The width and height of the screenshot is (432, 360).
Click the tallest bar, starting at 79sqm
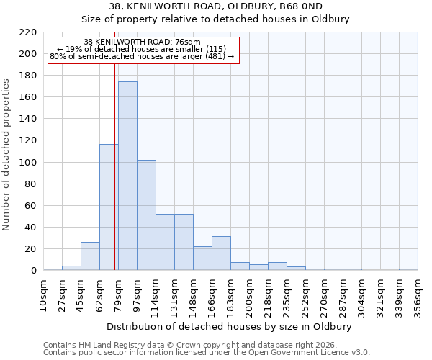click(127, 176)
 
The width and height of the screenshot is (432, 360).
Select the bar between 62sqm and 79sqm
click(109, 207)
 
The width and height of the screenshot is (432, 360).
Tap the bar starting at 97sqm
click(146, 215)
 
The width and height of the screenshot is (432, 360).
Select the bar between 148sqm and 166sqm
click(202, 258)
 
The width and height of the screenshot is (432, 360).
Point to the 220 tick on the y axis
click(27, 32)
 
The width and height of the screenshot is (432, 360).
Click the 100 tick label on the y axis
click(27, 163)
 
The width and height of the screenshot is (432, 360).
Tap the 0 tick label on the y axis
click(33, 271)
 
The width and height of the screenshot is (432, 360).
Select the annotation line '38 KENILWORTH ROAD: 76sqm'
click(142, 42)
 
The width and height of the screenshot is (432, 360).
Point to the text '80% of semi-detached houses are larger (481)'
click(142, 57)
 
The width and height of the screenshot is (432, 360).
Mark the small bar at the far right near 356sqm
click(408, 269)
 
